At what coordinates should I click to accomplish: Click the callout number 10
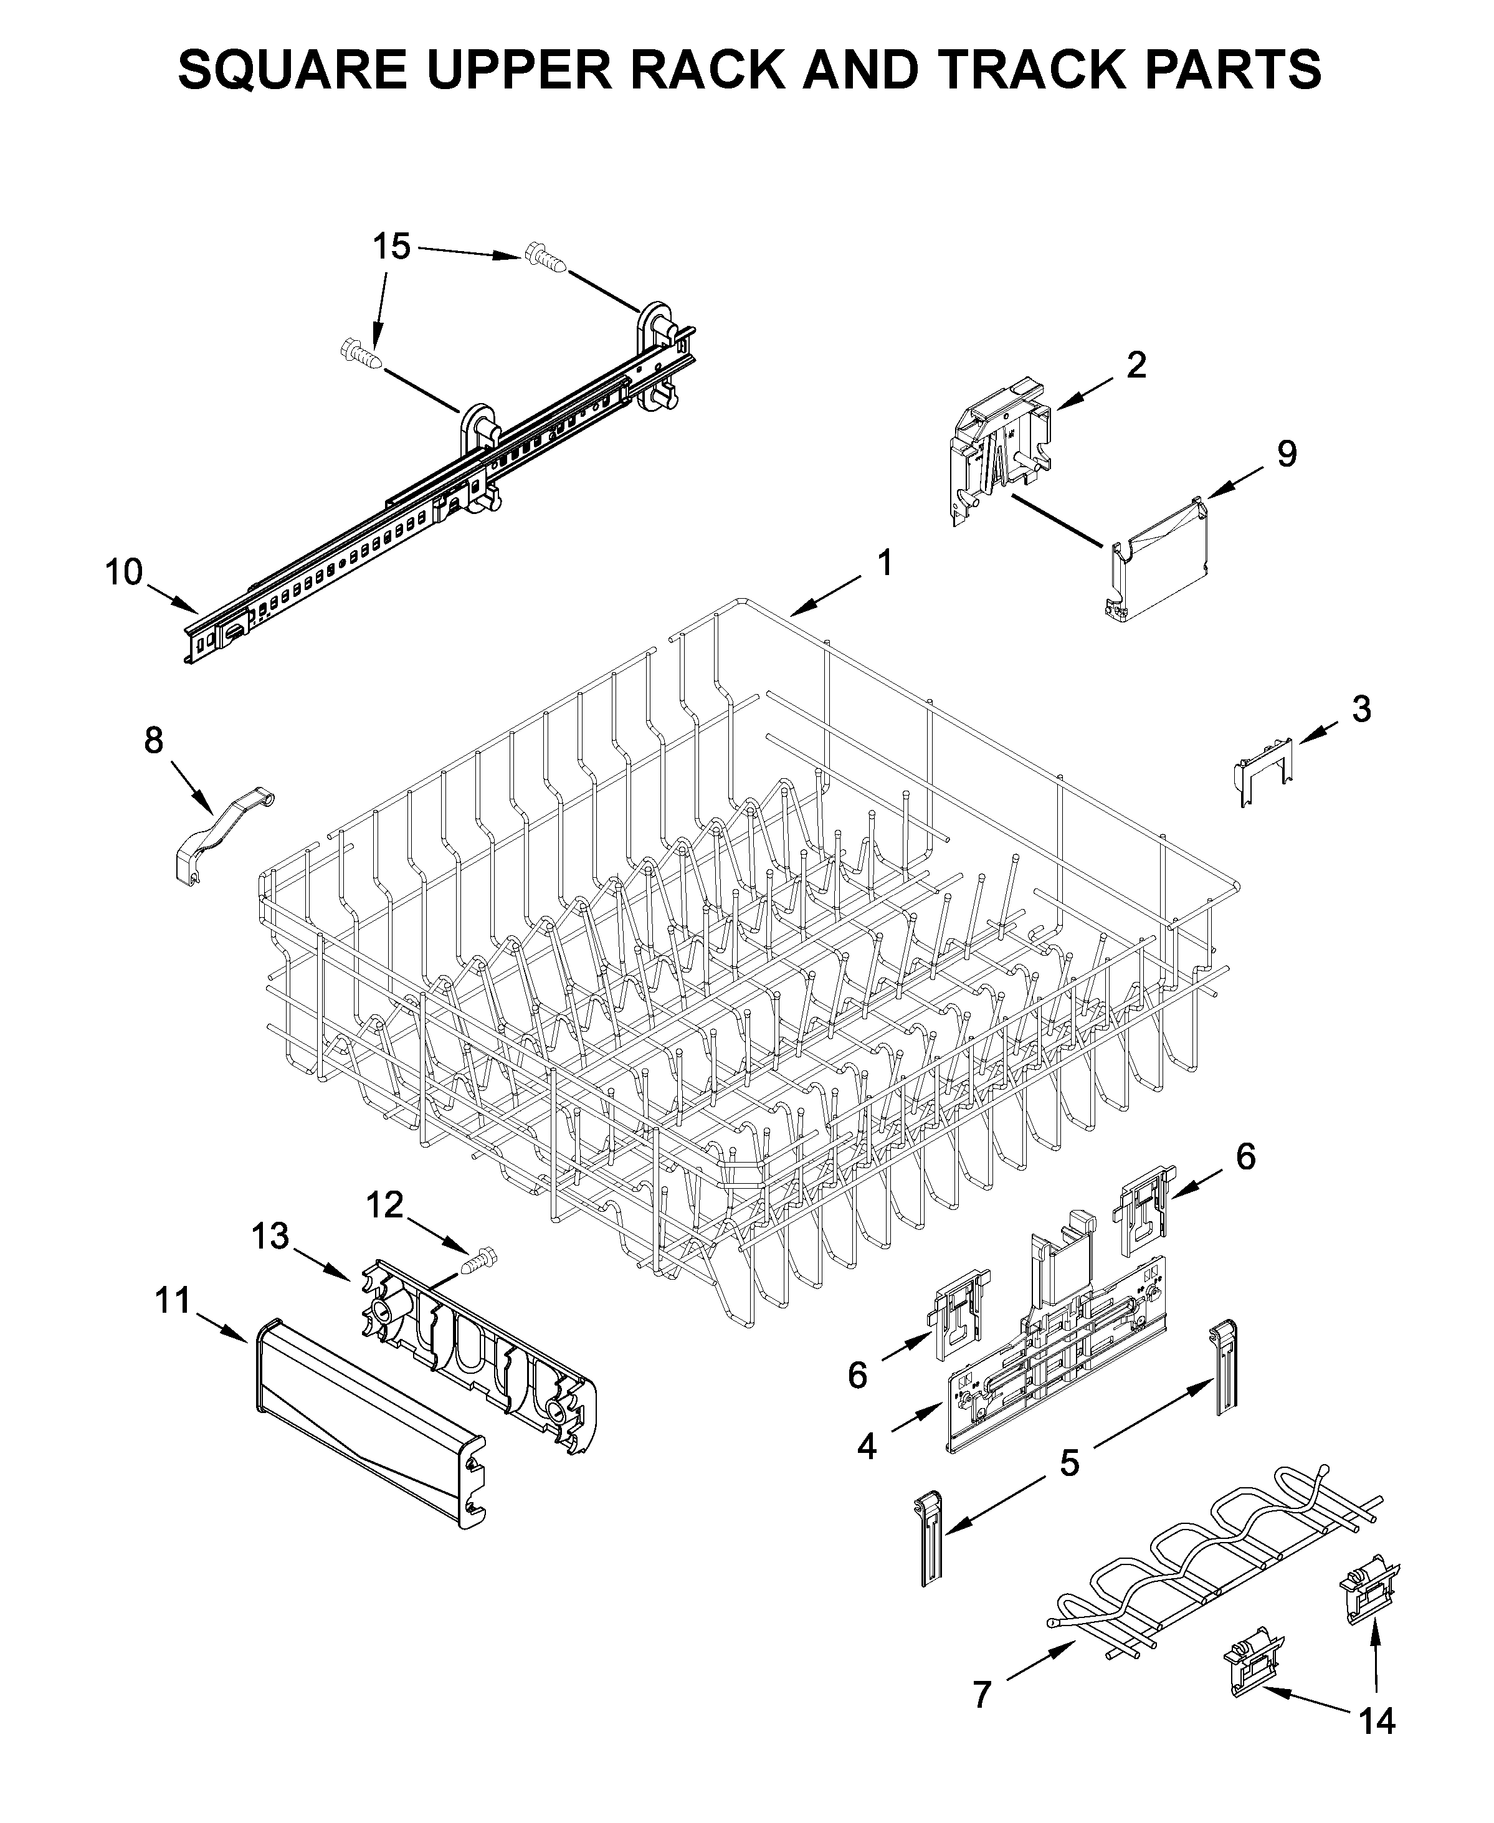(x=124, y=571)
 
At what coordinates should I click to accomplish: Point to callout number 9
(x=1286, y=454)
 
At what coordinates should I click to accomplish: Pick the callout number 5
(x=1069, y=1462)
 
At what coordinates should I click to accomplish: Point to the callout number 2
(x=1136, y=365)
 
